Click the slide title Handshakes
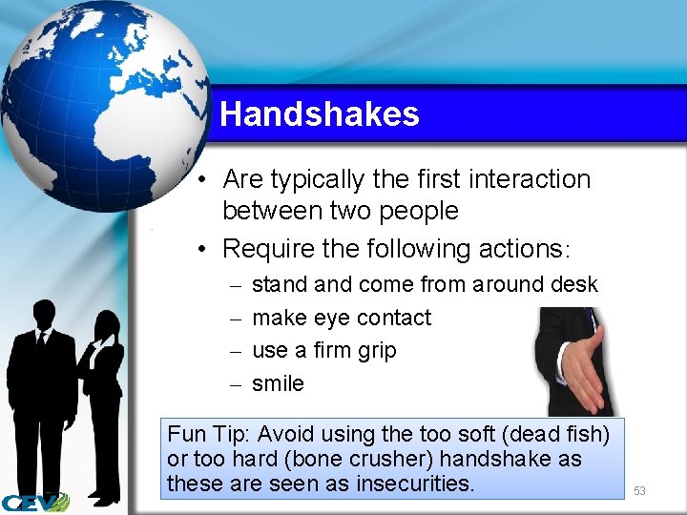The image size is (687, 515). click(319, 114)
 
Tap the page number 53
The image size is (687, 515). click(639, 490)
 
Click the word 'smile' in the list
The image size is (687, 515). click(278, 383)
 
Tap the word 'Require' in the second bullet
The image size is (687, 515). click(265, 249)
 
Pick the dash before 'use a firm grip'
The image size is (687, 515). click(235, 351)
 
